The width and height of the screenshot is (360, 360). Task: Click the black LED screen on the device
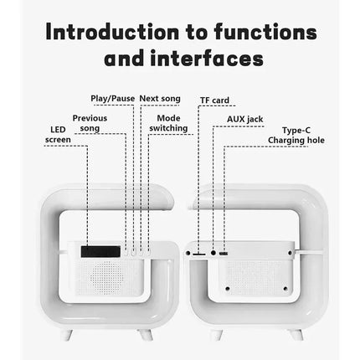coord(100,251)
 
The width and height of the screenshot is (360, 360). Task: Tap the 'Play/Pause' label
coord(113,99)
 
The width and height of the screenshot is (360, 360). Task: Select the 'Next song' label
coord(160,99)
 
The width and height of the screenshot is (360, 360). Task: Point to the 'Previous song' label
coord(90,123)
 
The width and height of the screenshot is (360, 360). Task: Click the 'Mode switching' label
coord(168,123)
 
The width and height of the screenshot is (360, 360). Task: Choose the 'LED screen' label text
coord(58,135)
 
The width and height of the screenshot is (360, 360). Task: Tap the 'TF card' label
coord(214,100)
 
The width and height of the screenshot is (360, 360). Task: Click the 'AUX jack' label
coord(245,120)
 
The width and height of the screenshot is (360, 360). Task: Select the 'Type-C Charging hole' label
coord(296,135)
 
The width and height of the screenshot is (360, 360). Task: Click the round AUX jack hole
coord(213,253)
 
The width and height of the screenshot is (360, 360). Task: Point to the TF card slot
coord(199,255)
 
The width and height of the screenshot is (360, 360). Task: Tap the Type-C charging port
coord(224,254)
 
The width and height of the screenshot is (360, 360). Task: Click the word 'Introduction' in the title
coord(112,32)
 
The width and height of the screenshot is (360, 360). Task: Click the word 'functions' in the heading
coord(265,32)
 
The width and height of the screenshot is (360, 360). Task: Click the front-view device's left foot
coord(67,335)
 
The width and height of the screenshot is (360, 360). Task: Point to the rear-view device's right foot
coord(296,335)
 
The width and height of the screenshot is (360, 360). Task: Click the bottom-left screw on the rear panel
coord(228,289)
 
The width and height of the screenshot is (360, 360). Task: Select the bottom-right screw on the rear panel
coord(285,289)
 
